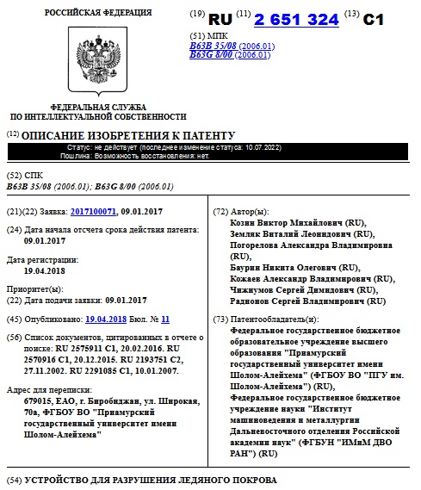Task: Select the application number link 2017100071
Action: coord(93,212)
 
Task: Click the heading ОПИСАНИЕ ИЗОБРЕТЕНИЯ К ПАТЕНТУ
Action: coord(127,136)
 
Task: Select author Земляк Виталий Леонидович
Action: coord(291,234)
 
